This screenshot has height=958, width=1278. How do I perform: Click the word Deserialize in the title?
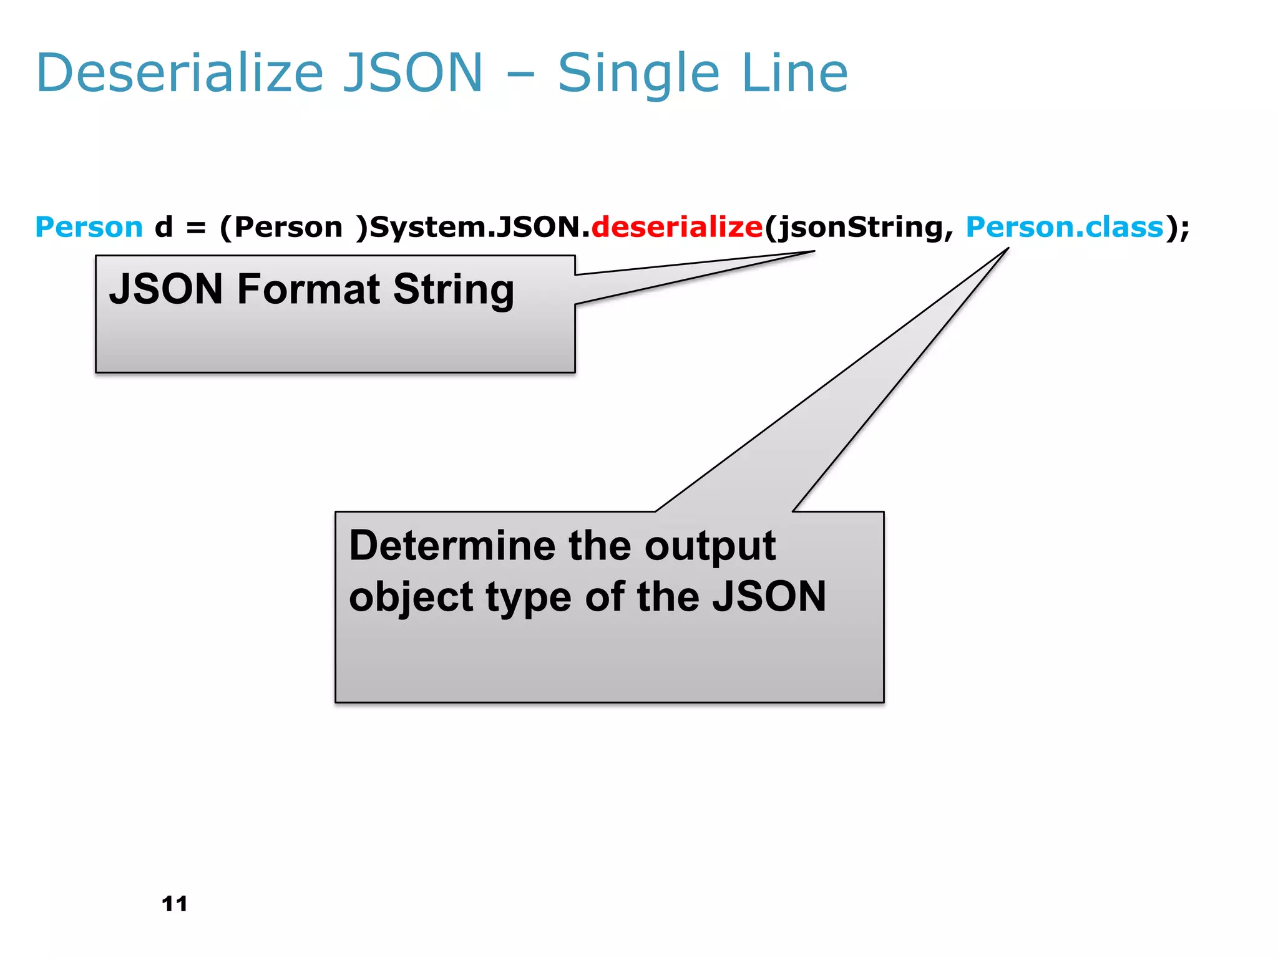(x=180, y=74)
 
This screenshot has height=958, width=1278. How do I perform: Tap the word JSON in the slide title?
(x=413, y=74)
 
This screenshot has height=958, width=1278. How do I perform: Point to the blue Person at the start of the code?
(x=89, y=227)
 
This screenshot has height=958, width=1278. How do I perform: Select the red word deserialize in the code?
(x=676, y=227)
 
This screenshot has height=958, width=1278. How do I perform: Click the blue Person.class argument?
(x=1065, y=227)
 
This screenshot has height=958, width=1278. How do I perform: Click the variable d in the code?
(x=163, y=227)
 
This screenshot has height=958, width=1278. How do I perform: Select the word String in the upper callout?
(x=454, y=291)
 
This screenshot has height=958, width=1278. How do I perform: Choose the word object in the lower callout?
(x=410, y=598)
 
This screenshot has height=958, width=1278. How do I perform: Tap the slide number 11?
(x=174, y=904)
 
